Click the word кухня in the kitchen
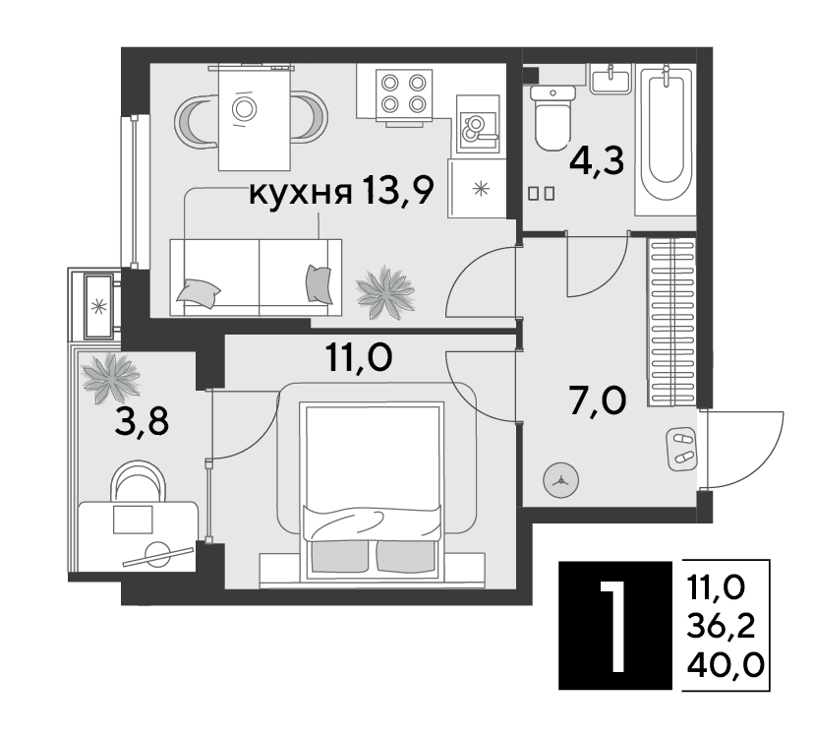click(x=301, y=193)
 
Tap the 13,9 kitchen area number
click(x=398, y=191)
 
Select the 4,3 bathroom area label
click(x=597, y=160)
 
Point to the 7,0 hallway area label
click(x=598, y=400)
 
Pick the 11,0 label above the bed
click(x=359, y=357)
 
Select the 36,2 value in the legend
click(x=721, y=626)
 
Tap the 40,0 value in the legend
click(x=726, y=664)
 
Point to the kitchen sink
click(x=478, y=125)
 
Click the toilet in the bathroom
click(x=553, y=117)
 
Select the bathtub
click(x=666, y=140)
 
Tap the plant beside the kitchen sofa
click(x=385, y=292)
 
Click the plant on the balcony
click(x=110, y=377)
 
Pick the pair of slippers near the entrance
click(x=682, y=449)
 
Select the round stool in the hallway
click(x=560, y=481)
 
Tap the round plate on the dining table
click(x=244, y=109)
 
